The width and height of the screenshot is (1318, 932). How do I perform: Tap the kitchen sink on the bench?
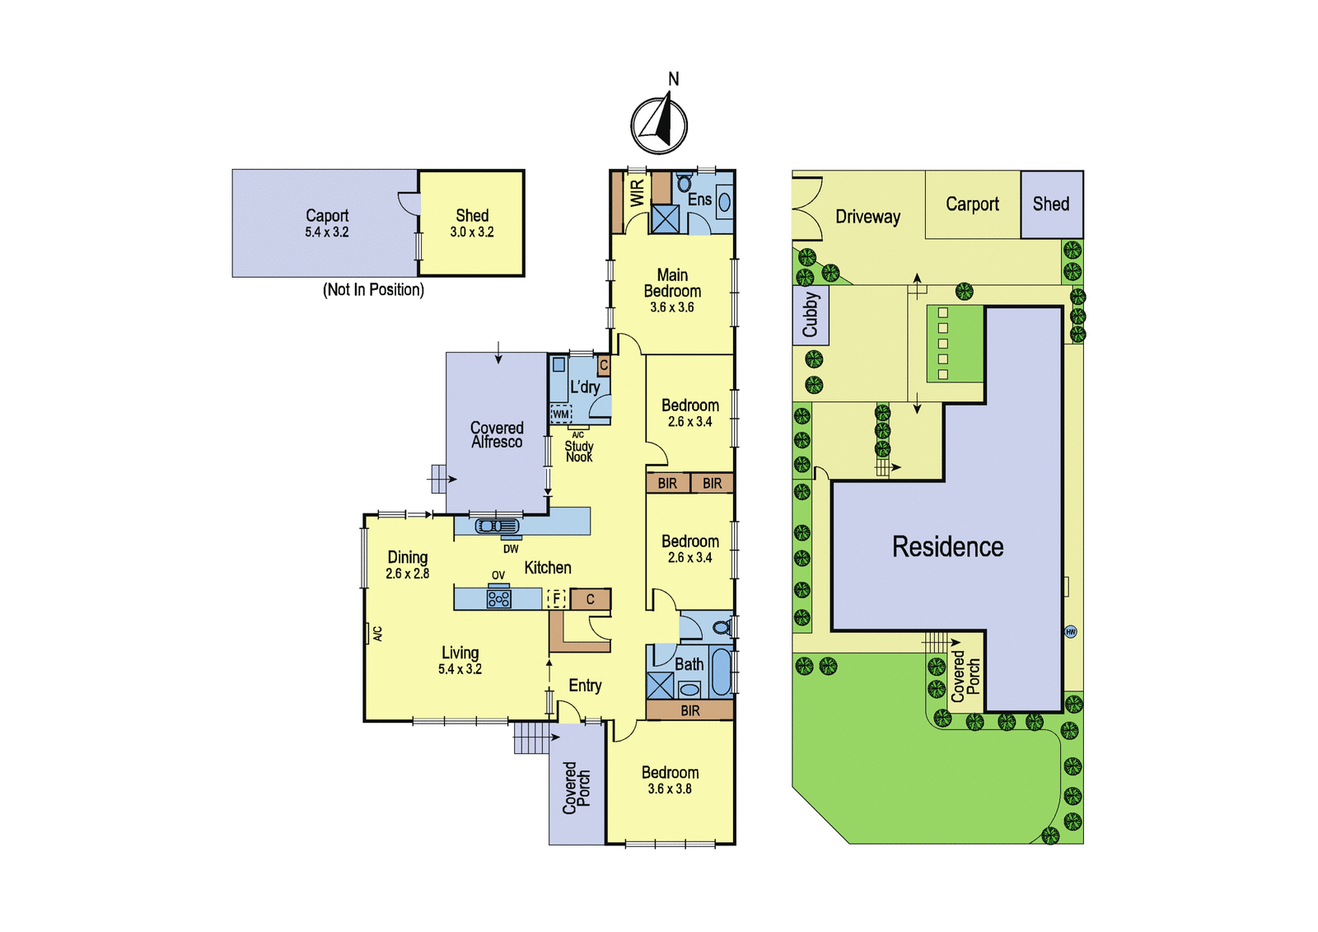[498, 526]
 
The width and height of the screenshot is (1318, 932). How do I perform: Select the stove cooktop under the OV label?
[498, 599]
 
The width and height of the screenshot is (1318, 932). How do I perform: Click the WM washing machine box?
[561, 414]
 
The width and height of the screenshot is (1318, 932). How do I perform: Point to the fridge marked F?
[556, 599]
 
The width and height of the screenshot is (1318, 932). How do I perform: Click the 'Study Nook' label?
[579, 452]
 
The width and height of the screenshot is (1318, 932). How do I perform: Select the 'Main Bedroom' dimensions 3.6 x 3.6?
[672, 307]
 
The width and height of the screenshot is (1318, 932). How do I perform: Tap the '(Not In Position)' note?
[374, 290]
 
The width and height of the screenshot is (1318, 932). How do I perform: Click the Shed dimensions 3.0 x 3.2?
[472, 232]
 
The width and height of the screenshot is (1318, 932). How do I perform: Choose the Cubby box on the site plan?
[811, 315]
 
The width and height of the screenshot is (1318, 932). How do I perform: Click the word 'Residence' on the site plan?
[948, 546]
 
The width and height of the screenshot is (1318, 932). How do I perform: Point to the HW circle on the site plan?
[1070, 632]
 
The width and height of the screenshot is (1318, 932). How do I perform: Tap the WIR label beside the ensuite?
[638, 193]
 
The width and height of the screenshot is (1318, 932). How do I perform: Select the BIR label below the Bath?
[690, 710]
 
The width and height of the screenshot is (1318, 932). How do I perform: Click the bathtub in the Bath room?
[720, 672]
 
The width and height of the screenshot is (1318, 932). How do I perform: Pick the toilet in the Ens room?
[683, 182]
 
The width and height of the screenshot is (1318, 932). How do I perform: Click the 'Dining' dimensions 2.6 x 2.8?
[407, 574]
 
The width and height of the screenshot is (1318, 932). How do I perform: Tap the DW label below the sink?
[511, 550]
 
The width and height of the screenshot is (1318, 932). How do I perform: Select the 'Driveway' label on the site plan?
[868, 217]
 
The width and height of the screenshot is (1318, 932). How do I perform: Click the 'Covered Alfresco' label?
[497, 434]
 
